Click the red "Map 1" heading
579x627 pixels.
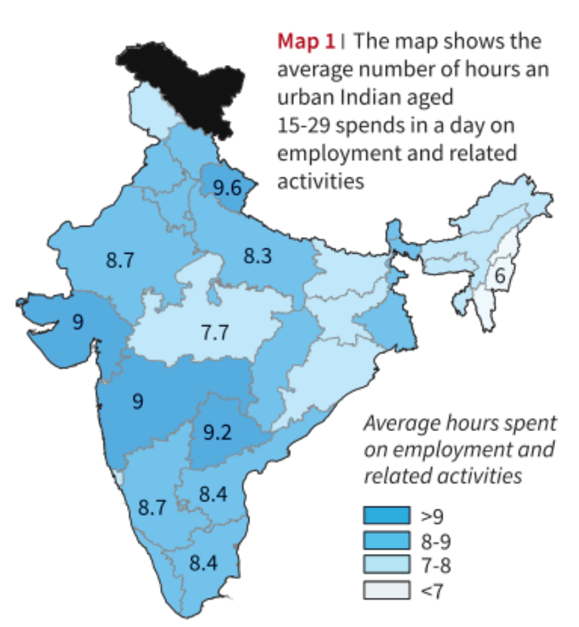click(306, 41)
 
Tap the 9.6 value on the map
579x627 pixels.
click(227, 189)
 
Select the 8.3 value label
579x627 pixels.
click(257, 256)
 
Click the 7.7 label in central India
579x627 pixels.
click(215, 331)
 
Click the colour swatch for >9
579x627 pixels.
click(386, 515)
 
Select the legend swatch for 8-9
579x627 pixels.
click(386, 541)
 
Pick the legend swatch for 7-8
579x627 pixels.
click(386, 566)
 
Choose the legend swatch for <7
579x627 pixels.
click(386, 590)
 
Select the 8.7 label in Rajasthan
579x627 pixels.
click(120, 260)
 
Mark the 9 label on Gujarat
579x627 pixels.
click(78, 323)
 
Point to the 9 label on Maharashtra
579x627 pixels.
click(138, 401)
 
